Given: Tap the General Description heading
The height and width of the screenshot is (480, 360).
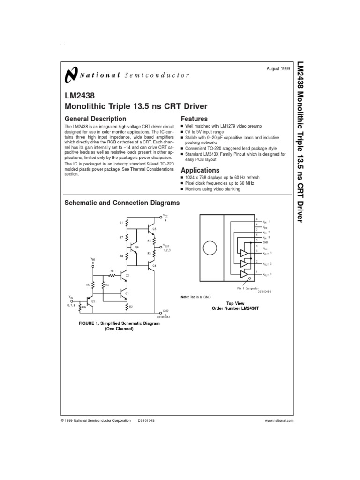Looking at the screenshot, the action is [95, 119].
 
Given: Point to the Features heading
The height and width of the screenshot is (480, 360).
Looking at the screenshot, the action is [194, 119].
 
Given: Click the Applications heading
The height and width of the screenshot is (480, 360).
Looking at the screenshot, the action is [200, 170].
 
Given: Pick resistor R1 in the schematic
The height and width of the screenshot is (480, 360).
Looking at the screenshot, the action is [127, 223].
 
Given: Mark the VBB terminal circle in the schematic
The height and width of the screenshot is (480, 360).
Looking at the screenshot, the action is [93, 266].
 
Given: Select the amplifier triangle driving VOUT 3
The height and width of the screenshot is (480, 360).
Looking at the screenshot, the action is [244, 253].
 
